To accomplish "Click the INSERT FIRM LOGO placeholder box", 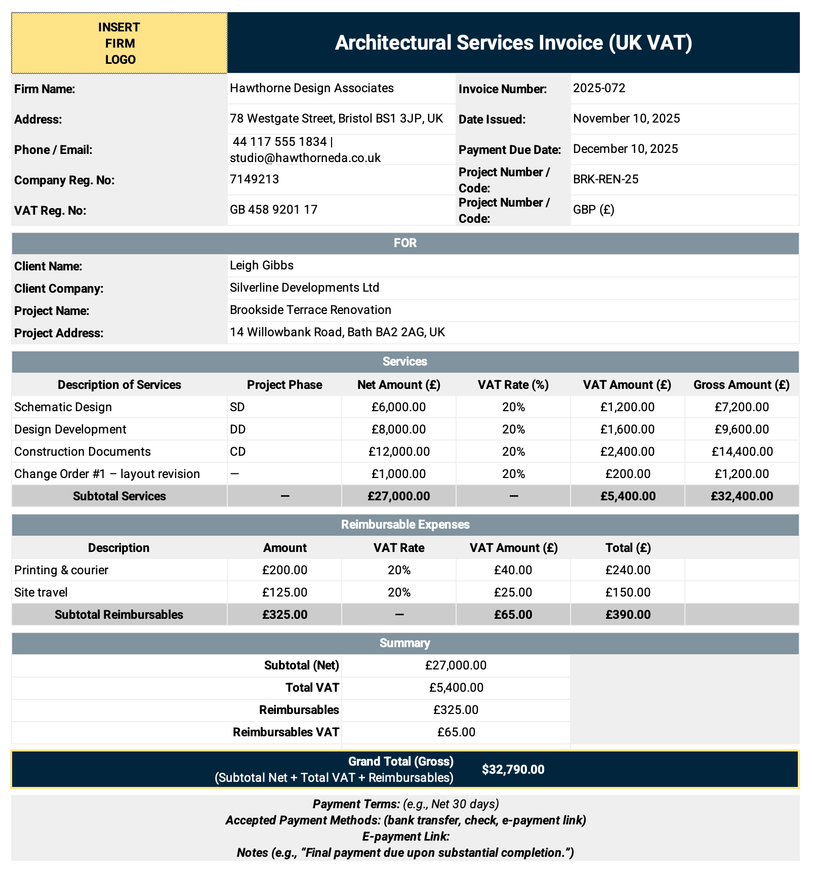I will (x=119, y=43).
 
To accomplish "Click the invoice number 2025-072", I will (x=599, y=88).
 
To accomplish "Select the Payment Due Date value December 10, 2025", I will (x=625, y=149).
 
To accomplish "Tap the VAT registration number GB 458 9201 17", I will (x=273, y=210).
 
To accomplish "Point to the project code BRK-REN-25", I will (x=605, y=179).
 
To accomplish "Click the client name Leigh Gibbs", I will (x=261, y=265).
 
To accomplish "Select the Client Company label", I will (x=59, y=289).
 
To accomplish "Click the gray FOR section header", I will (x=405, y=243).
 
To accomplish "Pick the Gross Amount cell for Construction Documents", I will (x=742, y=452).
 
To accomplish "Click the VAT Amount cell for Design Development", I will (x=627, y=429).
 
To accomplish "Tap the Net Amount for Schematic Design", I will (x=398, y=407).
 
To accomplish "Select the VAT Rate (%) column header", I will (x=513, y=385).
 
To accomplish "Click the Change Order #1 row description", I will (x=107, y=474).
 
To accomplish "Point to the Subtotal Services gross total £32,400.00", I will (x=742, y=496).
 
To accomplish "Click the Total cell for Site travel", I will (x=628, y=592).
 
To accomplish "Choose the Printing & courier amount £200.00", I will (x=284, y=570).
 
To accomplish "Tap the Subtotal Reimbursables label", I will (x=119, y=615).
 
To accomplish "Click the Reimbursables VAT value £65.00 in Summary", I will (x=456, y=732).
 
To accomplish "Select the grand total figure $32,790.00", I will (x=513, y=770).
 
